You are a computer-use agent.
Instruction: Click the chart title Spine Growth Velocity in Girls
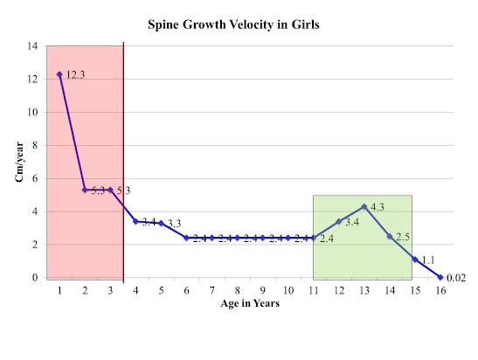pyautogui.click(x=233, y=24)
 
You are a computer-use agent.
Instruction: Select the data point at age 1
pyautogui.click(x=59, y=74)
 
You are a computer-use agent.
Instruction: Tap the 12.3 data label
pyautogui.click(x=76, y=74)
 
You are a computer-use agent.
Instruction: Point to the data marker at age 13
pyautogui.click(x=364, y=207)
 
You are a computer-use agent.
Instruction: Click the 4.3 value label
pyautogui.click(x=378, y=207)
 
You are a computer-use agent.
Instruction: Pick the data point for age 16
pyautogui.click(x=440, y=277)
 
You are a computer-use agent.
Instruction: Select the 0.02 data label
pyautogui.click(x=456, y=278)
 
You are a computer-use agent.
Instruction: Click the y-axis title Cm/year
pyautogui.click(x=19, y=162)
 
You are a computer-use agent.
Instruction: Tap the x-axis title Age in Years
pyautogui.click(x=250, y=303)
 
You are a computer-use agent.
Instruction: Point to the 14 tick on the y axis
pyautogui.click(x=32, y=46)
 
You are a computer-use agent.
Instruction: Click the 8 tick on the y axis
pyautogui.click(x=35, y=145)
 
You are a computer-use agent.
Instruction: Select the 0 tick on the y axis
pyautogui.click(x=35, y=278)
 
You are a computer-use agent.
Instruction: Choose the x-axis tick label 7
pyautogui.click(x=211, y=290)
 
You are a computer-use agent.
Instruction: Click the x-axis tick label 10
pyautogui.click(x=288, y=290)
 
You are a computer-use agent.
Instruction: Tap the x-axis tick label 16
pyautogui.click(x=440, y=290)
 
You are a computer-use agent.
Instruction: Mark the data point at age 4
pyautogui.click(x=135, y=221)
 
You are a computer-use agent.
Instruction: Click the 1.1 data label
pyautogui.click(x=428, y=260)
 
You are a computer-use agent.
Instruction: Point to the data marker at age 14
pyautogui.click(x=390, y=236)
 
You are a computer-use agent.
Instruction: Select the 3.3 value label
pyautogui.click(x=175, y=224)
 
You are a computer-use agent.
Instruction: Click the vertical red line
pyautogui.click(x=123, y=163)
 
